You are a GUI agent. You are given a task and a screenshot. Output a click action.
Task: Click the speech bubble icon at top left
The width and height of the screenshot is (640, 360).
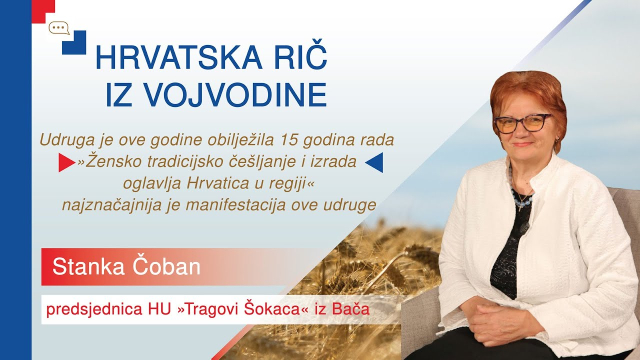coord(59,28)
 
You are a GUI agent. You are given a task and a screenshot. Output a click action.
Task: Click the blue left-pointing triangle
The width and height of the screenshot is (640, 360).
coord(373,160)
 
